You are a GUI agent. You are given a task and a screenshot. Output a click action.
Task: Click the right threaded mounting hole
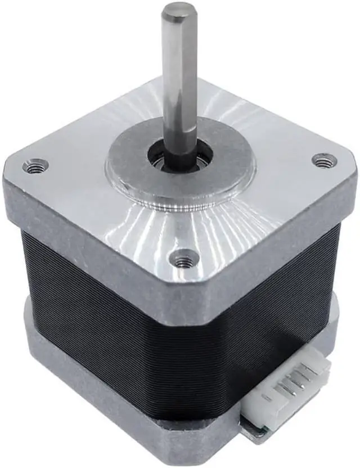tap(323, 161)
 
